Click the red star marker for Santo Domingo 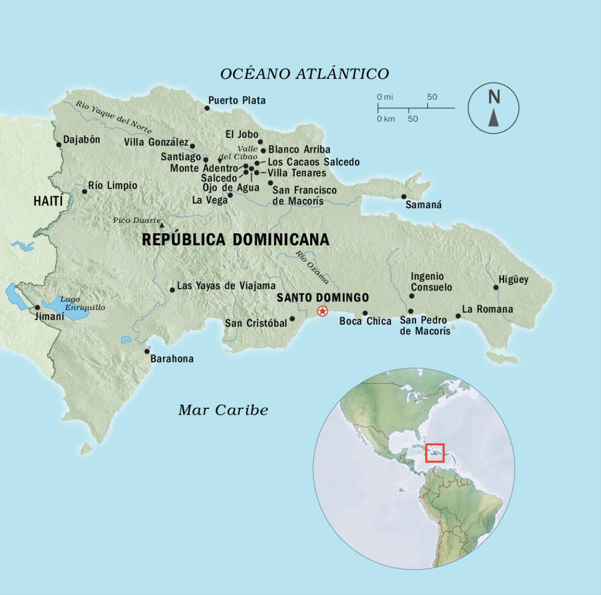coord(323,312)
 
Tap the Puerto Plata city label coord(237,101)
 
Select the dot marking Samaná coord(404,197)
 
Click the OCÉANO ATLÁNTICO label coord(305,74)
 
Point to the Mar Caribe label coord(223,410)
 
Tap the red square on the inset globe coord(435,453)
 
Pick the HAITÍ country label coord(48,201)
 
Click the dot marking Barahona coord(147,351)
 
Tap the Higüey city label coord(513,279)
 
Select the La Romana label coord(487,309)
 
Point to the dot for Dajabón coord(59,145)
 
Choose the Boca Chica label coord(365,322)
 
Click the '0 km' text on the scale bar coord(386,119)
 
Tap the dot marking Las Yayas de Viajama coord(172,290)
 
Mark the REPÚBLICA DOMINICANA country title coord(235,239)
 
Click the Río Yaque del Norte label coord(114,117)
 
